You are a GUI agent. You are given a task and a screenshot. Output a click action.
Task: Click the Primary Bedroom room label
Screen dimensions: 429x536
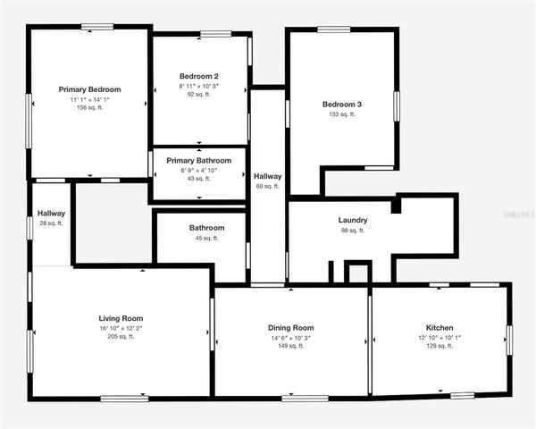(x=89, y=89)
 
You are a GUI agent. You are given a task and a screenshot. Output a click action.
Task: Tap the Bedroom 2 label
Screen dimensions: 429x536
(x=198, y=76)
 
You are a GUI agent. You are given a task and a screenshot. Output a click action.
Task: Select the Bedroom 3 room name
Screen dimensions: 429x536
(x=341, y=105)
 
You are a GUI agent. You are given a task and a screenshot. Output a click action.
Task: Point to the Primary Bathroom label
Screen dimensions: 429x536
(x=199, y=161)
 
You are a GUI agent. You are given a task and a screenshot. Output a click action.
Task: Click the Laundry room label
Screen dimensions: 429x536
(x=353, y=220)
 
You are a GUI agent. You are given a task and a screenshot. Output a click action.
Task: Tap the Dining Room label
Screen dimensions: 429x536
(x=290, y=328)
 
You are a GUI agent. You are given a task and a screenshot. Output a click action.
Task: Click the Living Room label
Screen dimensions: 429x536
(x=121, y=318)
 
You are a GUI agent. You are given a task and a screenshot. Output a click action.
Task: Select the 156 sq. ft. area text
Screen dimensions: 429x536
(x=89, y=109)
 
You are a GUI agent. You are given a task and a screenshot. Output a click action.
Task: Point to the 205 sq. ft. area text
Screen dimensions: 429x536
(x=121, y=337)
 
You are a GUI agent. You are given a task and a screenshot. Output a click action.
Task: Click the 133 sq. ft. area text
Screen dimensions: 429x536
(x=341, y=114)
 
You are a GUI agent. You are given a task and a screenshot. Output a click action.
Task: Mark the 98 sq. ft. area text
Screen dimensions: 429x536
(x=353, y=231)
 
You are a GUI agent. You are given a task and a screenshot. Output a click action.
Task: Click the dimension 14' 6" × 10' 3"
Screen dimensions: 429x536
(x=290, y=337)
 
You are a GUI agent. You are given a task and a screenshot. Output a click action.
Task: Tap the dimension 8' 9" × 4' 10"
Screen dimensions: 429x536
(x=199, y=170)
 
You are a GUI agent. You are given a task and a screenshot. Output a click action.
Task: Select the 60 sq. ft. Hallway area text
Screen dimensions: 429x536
(x=267, y=187)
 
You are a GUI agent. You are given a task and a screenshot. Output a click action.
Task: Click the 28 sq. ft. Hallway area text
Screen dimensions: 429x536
(x=51, y=223)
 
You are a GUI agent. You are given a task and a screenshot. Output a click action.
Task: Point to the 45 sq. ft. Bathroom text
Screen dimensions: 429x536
(x=206, y=239)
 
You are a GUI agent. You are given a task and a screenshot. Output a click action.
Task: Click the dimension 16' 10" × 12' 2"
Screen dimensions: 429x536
(x=121, y=328)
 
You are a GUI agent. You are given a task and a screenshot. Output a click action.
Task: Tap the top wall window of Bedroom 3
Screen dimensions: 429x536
(x=333, y=29)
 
